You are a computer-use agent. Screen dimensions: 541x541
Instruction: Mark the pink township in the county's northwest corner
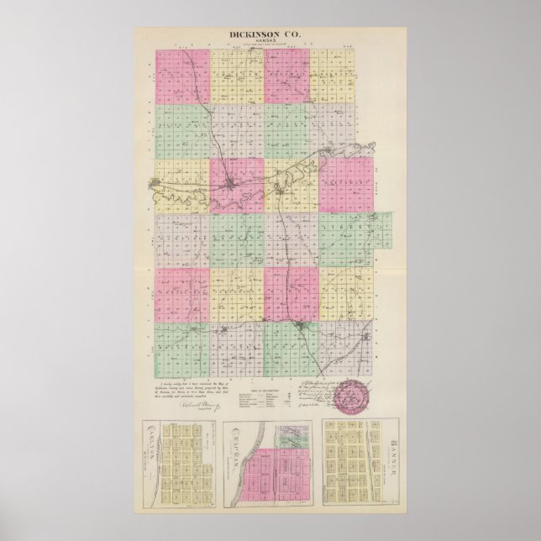pyautogui.click(x=182, y=76)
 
